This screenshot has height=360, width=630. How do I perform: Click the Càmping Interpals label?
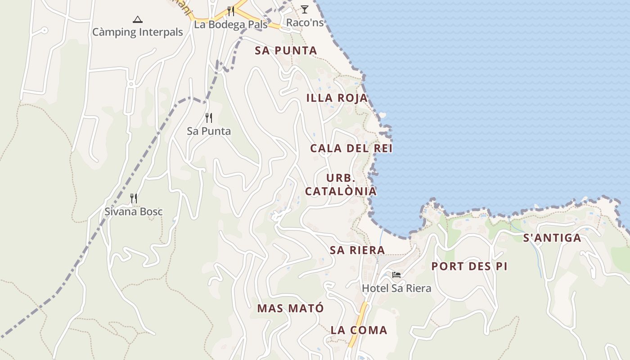pos(138,32)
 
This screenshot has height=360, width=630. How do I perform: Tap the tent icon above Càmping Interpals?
pos(138,19)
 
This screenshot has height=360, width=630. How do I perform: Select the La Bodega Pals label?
pos(230,25)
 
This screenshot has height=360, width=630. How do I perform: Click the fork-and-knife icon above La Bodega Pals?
pos(231,11)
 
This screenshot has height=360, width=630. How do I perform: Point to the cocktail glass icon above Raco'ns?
pos(305,9)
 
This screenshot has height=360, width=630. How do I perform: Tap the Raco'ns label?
pos(305,22)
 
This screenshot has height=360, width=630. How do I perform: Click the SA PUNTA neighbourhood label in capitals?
pos(286,50)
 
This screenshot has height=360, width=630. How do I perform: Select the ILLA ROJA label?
pos(337,98)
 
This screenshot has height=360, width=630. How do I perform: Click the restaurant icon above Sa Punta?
pos(209,118)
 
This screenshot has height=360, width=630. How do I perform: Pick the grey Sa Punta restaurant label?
pos(209,131)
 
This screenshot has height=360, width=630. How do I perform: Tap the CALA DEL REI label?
pos(351,148)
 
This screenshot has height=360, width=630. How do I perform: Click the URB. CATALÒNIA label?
pos(341,184)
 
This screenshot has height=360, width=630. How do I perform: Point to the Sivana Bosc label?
pos(134,211)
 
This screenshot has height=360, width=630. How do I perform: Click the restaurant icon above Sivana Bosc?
pos(134,198)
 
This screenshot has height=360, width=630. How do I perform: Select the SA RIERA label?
pos(357,250)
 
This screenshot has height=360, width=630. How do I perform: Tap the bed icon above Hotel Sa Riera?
pos(396,274)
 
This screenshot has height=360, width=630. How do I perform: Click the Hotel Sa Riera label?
pos(396,288)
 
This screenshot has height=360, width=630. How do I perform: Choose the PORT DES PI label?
pos(469,266)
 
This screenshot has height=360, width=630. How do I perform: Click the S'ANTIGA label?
pos(552,238)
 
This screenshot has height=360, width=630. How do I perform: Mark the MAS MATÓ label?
pos(291,309)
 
